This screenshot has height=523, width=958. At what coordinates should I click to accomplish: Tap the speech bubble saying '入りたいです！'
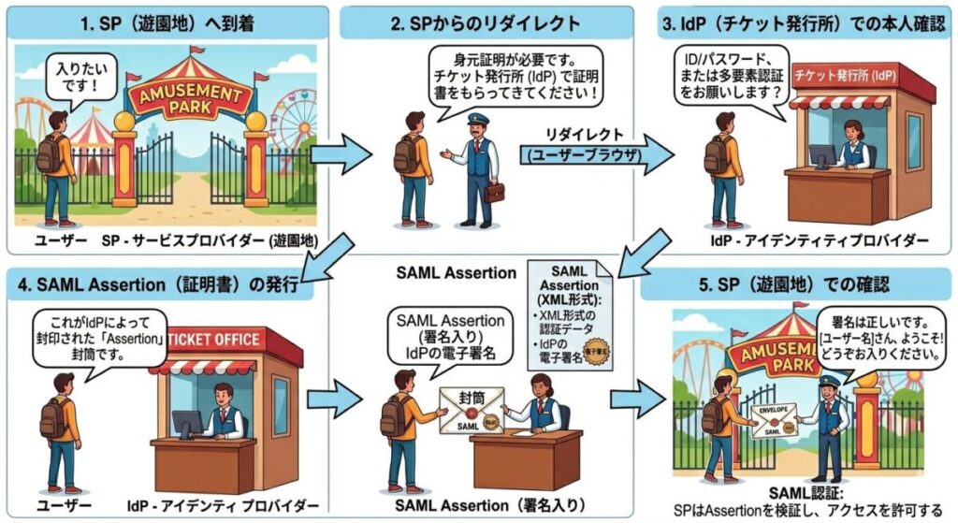[75, 84]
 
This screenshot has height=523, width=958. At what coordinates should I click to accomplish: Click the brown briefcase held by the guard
[494, 191]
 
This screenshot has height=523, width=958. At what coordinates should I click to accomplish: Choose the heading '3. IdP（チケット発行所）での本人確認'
[800, 22]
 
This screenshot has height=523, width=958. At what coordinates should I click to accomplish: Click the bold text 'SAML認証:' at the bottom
[802, 492]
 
